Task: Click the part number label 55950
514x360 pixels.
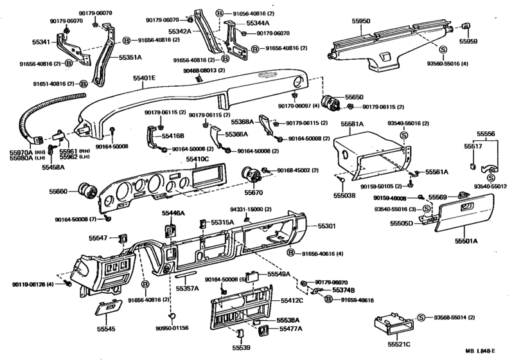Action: (362, 21)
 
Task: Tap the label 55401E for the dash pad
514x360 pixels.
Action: (145, 78)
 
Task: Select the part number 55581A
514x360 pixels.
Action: (351, 124)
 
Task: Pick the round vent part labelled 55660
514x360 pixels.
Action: (86, 190)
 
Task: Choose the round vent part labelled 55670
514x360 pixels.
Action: (249, 174)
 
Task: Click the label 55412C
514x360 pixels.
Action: (292, 300)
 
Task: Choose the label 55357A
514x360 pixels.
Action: (188, 289)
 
